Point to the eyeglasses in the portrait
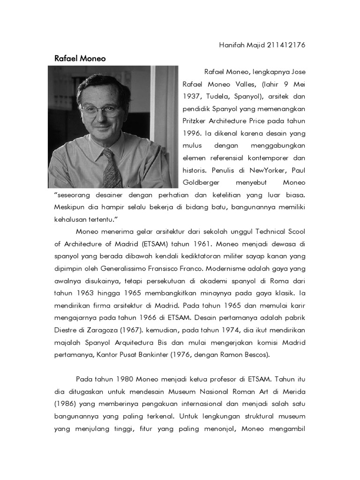tap(100, 109)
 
